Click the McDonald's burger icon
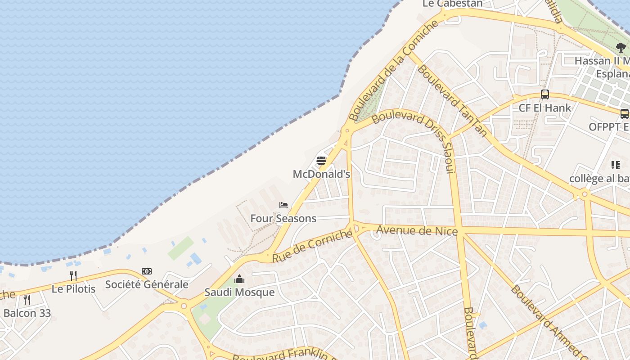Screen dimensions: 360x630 tap(321, 161)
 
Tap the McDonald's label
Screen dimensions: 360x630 tap(321, 174)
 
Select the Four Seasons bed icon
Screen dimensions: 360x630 tap(283, 205)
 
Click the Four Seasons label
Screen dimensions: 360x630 tap(283, 219)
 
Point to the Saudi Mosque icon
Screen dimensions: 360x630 tap(239, 279)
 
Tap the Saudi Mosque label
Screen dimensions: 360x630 tap(239, 292)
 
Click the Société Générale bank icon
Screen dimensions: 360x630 tap(147, 271)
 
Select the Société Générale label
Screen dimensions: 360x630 tap(147, 284)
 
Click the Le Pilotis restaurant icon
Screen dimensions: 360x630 tap(73, 275)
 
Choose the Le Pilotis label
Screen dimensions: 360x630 tap(73, 289)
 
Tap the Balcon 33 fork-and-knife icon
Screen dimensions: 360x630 tap(27, 300)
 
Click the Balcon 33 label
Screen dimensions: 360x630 tap(27, 313)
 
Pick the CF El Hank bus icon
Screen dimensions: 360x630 tap(545, 94)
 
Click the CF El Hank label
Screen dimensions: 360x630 tap(545, 108)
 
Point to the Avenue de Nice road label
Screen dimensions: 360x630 tap(417, 231)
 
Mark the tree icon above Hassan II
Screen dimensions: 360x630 tap(621, 47)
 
